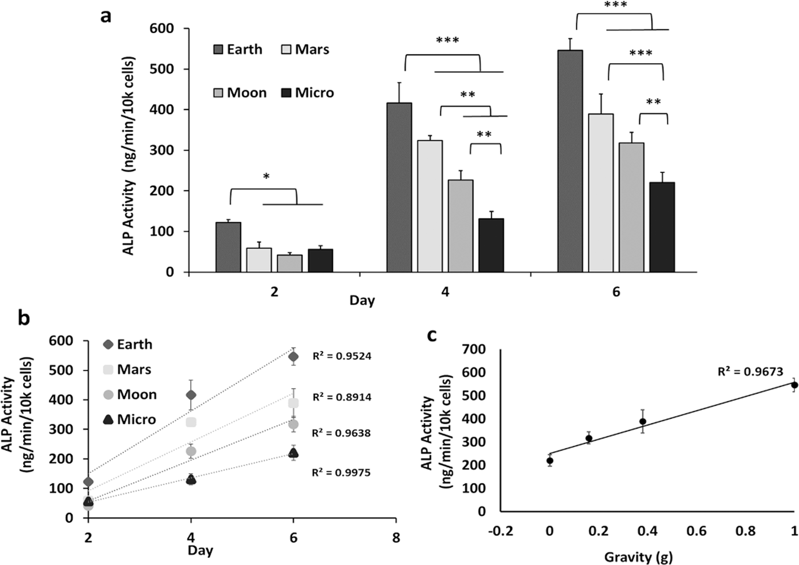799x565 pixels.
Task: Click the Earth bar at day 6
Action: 570,161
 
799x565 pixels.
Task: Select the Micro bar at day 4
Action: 491,245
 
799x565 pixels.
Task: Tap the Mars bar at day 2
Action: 259,260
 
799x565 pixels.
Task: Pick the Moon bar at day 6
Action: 631,207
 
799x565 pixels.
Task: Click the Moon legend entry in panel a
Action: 240,92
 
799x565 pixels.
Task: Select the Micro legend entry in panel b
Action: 129,419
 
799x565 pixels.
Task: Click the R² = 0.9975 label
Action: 341,473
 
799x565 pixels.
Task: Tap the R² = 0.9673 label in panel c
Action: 750,372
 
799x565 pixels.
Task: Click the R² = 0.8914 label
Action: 341,397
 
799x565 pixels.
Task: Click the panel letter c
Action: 431,336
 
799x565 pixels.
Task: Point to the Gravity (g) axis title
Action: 638,556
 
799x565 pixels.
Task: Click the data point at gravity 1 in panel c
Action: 794,385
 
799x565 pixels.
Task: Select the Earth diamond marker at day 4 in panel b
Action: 191,395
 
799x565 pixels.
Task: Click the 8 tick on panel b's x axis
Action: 396,538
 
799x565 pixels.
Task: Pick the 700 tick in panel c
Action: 475,349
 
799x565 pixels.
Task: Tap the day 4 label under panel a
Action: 445,292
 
